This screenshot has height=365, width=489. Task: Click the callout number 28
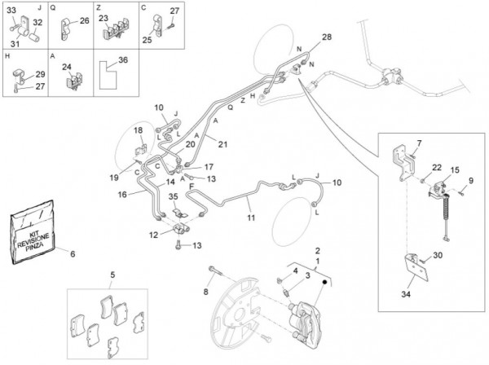pyautogui.click(x=327, y=37)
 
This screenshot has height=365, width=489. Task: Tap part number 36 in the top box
pyautogui.click(x=123, y=59)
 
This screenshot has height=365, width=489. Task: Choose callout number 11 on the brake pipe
pyautogui.click(x=251, y=218)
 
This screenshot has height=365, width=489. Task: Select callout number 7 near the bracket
pyautogui.click(x=420, y=144)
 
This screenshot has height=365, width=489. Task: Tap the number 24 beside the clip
pyautogui.click(x=67, y=68)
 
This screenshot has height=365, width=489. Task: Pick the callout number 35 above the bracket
pyautogui.click(x=173, y=197)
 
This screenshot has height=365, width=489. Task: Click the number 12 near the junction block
pyautogui.click(x=155, y=235)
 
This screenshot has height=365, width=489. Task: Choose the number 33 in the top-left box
pyautogui.click(x=11, y=9)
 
